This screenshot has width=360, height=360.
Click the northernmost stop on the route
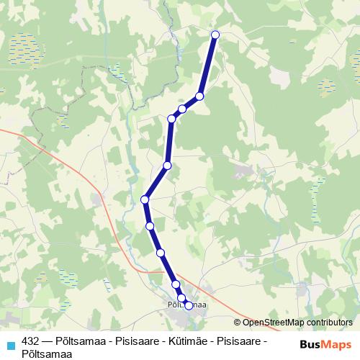click(x=215, y=34)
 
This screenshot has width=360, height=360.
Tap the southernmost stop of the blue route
click(x=189, y=305)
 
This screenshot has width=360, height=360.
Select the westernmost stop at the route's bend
click(x=145, y=199)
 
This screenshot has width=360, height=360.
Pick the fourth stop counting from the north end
click(x=171, y=118)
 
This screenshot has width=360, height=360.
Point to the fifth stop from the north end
click(x=167, y=166)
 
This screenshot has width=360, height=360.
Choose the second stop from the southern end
click(x=181, y=298)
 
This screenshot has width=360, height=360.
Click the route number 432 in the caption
click(x=30, y=341)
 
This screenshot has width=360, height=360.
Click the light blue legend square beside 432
click(x=10, y=345)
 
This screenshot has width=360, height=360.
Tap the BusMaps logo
click(x=322, y=344)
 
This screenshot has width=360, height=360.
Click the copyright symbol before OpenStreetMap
click(x=238, y=323)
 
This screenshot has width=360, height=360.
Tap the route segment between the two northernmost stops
click(x=207, y=65)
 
